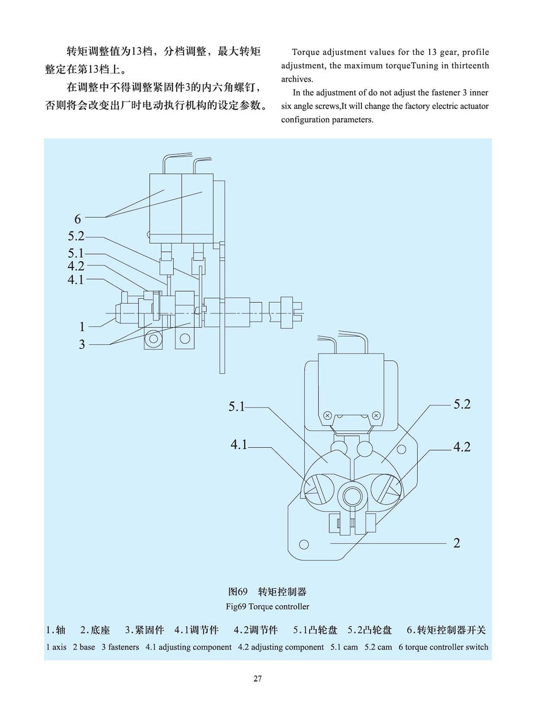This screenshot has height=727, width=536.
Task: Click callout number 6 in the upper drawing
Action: [78, 219]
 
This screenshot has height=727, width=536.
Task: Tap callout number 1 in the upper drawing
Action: [82, 326]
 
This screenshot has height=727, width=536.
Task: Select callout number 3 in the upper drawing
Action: [82, 344]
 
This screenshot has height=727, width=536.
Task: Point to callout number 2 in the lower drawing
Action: [456, 543]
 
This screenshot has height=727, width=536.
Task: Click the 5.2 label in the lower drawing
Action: [462, 404]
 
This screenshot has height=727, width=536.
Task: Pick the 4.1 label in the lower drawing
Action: [239, 445]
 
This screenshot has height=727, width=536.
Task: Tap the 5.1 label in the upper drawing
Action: [76, 253]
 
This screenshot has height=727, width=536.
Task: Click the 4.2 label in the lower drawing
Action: [462, 447]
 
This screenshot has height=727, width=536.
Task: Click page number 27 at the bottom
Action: [258, 679]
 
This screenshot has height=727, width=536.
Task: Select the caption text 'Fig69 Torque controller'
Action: [268, 606]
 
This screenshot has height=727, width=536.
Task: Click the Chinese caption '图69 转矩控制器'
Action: [267, 592]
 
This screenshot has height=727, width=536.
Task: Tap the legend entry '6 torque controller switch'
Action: [443, 647]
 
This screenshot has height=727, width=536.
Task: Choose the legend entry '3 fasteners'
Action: [120, 647]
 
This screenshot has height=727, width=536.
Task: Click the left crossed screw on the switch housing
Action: [327, 416]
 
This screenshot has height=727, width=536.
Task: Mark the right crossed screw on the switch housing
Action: [377, 416]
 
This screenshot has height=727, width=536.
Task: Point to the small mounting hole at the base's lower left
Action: [304, 544]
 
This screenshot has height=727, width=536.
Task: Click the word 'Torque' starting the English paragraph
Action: [306, 52]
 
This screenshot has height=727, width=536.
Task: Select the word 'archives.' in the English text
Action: [297, 79]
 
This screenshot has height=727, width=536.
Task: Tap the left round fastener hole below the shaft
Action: [153, 339]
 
